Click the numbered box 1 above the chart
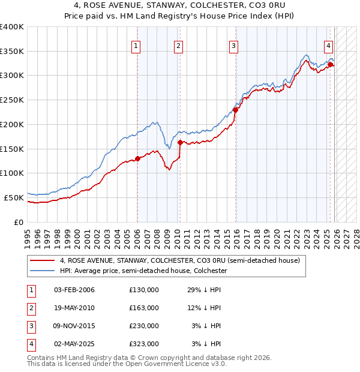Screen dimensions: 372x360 pyautogui.click(x=136, y=45)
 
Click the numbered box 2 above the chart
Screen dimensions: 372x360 pyautogui.click(x=178, y=45)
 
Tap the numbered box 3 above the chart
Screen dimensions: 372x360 pyautogui.click(x=233, y=45)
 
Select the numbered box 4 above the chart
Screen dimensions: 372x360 pyautogui.click(x=329, y=45)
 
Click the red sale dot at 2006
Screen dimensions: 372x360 pyautogui.click(x=137, y=158)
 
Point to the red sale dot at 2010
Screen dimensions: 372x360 pyautogui.click(x=180, y=142)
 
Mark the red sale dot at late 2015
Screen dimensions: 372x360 pyautogui.click(x=235, y=110)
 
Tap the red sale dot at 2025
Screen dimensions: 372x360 pyautogui.click(x=331, y=64)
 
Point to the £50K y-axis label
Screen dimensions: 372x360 pyautogui.click(x=14, y=197)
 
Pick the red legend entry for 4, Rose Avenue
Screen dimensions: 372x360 pyautogui.click(x=175, y=260)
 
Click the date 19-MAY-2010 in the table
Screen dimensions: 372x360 pyautogui.click(x=74, y=308)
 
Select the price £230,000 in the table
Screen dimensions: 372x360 pyautogui.click(x=144, y=326)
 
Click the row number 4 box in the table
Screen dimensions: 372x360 pyautogui.click(x=31, y=344)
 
